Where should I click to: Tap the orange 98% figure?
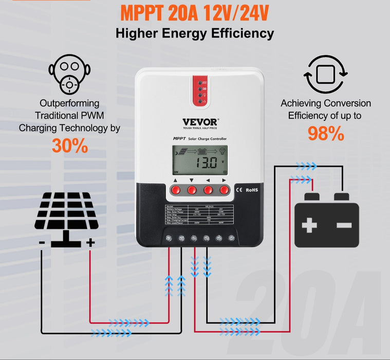pos(325,133)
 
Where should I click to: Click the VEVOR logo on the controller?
pos(200,122)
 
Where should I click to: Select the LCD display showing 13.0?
pos(200,159)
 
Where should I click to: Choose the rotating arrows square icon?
pos(325,76)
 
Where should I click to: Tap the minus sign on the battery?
pos(344,225)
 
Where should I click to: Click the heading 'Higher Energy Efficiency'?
pos(195,34)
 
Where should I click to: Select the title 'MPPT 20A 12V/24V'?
pos(195,13)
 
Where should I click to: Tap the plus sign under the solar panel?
pos(90,242)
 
